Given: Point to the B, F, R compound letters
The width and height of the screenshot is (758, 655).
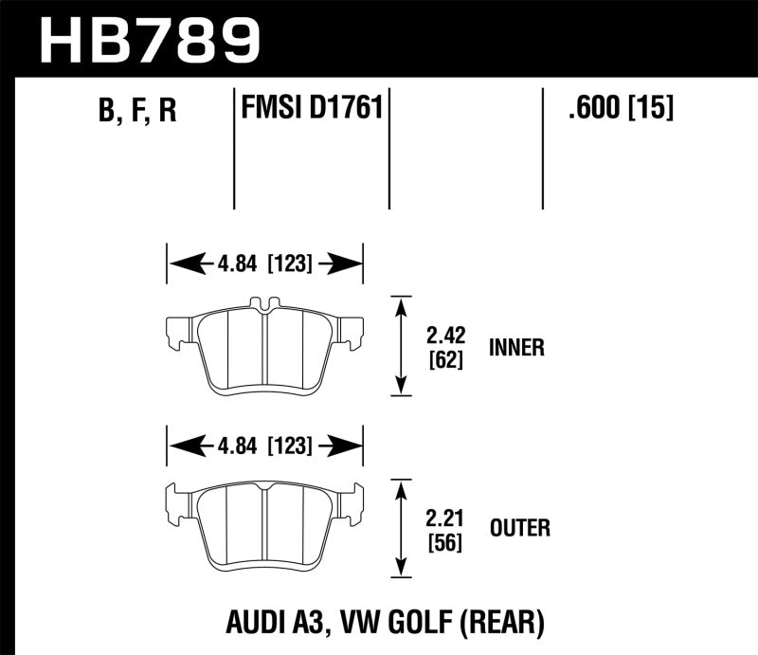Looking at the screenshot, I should click(137, 112).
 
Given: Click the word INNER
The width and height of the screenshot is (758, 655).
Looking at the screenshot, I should click(516, 348).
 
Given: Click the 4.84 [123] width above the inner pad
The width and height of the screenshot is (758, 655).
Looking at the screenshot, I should click(265, 264).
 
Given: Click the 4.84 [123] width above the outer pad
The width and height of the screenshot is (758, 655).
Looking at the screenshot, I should click(265, 444).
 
